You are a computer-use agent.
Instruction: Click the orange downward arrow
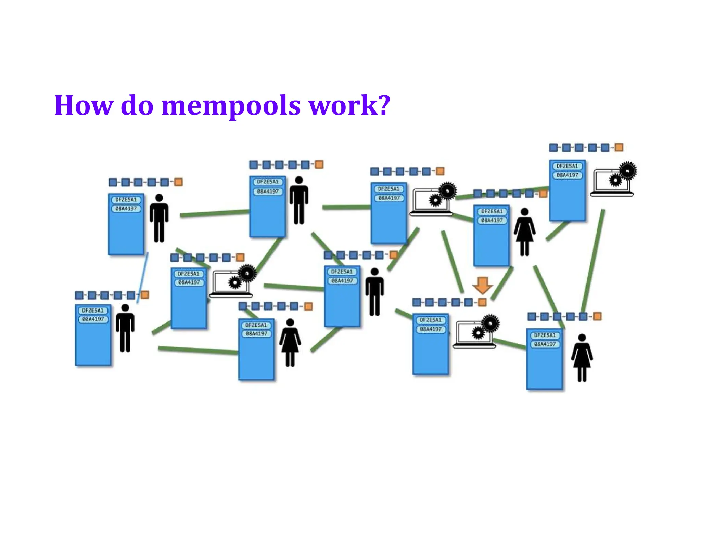coord(482,285)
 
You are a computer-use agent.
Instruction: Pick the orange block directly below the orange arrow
coord(482,302)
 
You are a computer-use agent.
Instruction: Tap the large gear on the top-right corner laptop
coord(628,170)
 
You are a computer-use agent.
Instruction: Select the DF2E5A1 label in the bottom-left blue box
coord(93,311)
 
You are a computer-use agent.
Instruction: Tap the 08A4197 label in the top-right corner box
coord(567,175)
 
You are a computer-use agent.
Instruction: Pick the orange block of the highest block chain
coord(619,147)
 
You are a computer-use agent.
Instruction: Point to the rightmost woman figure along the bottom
coord(582,357)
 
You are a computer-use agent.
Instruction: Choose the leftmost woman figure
coord(290,342)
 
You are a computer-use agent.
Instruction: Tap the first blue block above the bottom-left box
coord(79,295)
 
